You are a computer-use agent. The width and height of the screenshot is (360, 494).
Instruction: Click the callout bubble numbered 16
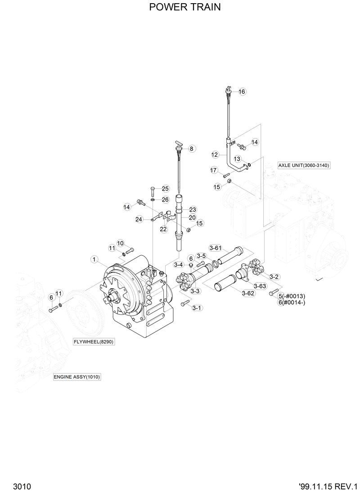(242, 92)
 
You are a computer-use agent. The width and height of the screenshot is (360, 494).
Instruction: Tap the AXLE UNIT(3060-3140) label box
(304, 165)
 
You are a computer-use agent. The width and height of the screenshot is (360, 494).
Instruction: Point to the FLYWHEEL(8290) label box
(94, 342)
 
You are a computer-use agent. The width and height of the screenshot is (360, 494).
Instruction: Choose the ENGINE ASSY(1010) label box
(76, 376)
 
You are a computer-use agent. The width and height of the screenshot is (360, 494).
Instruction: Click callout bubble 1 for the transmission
(94, 259)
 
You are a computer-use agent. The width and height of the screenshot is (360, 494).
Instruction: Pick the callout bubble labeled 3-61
(216, 248)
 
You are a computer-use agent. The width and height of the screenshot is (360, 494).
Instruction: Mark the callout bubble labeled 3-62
(248, 293)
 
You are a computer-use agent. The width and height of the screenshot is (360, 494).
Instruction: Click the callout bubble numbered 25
(165, 189)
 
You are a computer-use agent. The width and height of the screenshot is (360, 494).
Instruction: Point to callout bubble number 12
(216, 154)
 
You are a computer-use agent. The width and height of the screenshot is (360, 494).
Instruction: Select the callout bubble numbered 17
(214, 170)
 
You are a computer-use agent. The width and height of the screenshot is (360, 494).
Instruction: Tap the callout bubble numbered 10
(120, 243)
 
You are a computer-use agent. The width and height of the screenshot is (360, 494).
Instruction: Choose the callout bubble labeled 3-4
(179, 265)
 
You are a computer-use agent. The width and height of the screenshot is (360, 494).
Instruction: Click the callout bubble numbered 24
(139, 219)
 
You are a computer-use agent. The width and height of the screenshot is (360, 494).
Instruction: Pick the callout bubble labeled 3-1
(197, 308)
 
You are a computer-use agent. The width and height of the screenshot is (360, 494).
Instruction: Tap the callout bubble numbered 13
(237, 159)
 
